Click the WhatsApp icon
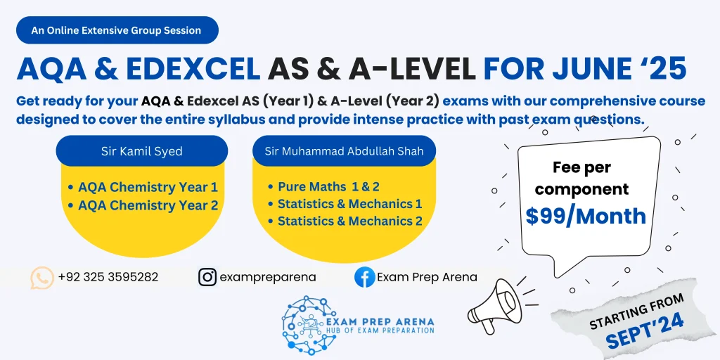click(42, 277)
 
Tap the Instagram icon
click(207, 277)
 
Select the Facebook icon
click(364, 277)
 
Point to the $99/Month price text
click(586, 216)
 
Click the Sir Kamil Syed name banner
click(141, 151)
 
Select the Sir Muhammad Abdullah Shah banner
click(344, 151)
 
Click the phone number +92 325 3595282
click(108, 277)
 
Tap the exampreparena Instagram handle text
click(268, 277)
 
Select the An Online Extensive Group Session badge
click(116, 30)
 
